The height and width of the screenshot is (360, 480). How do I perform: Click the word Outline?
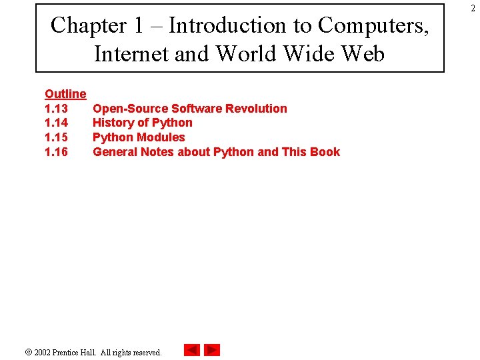(x=65, y=94)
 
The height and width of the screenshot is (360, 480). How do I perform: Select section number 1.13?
(x=56, y=109)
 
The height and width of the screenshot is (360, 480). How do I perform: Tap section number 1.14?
(x=56, y=123)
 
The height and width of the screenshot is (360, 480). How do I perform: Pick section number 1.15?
(x=56, y=137)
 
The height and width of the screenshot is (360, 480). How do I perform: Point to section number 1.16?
(x=56, y=152)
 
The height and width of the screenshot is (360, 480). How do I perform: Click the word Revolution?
(x=256, y=109)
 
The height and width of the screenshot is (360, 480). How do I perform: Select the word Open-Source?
(x=130, y=109)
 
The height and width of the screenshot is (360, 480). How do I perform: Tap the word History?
(x=112, y=123)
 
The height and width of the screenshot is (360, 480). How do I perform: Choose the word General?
(x=115, y=152)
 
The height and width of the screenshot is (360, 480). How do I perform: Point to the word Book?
(x=325, y=152)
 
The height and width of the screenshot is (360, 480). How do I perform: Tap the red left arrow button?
(x=192, y=350)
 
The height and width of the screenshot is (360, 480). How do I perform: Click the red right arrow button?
(x=212, y=350)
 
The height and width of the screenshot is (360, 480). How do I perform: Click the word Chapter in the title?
(x=89, y=25)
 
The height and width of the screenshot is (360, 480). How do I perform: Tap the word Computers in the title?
(x=373, y=25)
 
